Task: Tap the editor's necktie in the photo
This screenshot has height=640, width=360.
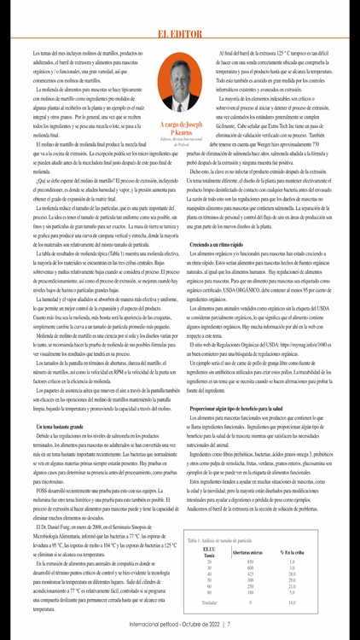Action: point(181,108)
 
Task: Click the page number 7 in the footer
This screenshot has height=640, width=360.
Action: point(228,624)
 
